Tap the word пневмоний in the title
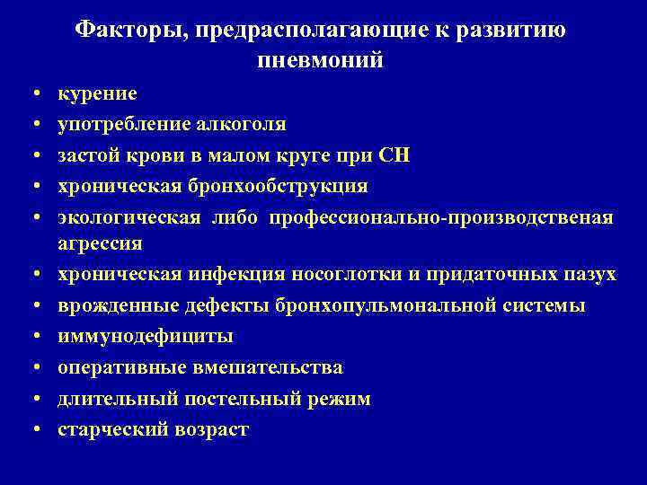(321, 61)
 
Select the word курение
(97, 93)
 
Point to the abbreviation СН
(395, 154)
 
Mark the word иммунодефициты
(146, 337)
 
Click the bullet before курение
(32, 93)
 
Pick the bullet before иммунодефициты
(32, 337)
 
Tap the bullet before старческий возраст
(32, 429)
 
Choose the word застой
(88, 154)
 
